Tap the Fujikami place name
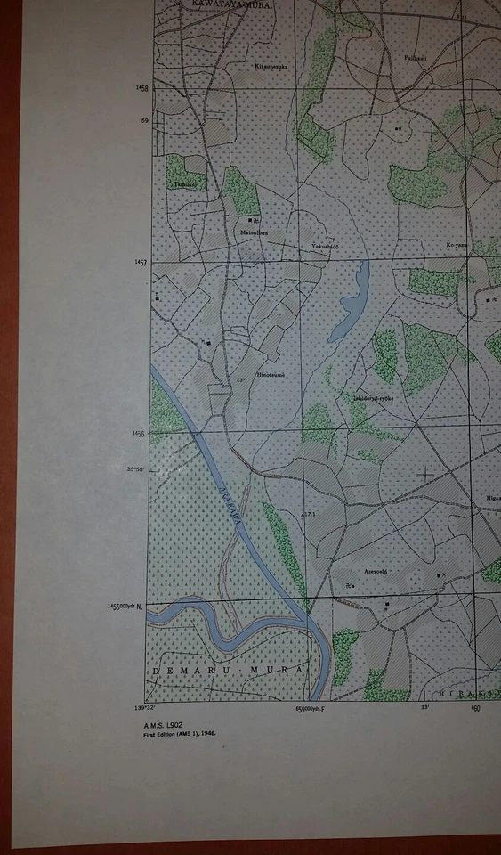pos(416,58)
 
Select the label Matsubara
pos(254,232)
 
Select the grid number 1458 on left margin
pos(141,88)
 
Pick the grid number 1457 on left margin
pos(141,263)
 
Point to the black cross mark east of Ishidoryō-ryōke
pos(425,475)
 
